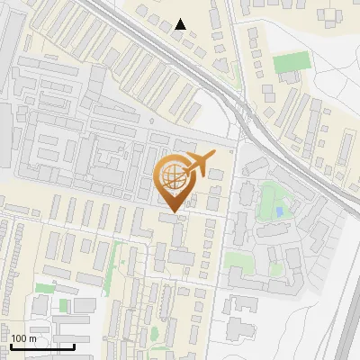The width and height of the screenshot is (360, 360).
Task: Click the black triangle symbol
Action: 181,24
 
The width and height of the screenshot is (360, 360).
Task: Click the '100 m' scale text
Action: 23,338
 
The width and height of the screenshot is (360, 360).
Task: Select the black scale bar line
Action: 42,346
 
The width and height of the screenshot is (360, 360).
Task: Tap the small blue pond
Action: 280,211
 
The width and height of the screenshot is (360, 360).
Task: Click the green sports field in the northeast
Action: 291,63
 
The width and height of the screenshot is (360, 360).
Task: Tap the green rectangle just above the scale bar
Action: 44,288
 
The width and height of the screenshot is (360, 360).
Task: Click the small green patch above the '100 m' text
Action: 63,306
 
